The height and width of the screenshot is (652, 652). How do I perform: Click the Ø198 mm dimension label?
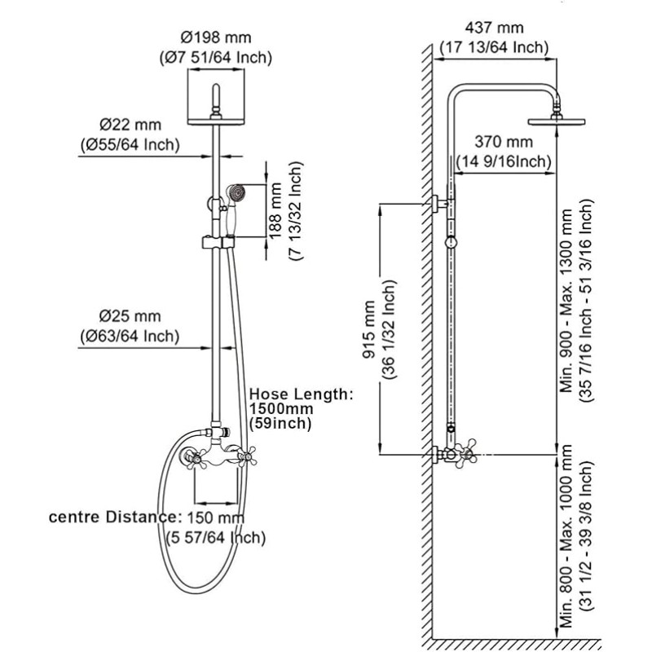coord(216,37)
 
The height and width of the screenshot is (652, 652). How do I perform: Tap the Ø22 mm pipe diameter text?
coord(130,125)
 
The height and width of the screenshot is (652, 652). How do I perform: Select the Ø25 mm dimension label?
coord(130,316)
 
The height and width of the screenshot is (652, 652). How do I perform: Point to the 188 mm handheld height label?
coord(275,211)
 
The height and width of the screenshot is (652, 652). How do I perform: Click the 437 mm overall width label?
coord(494,28)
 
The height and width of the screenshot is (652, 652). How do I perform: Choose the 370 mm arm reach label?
coord(504,142)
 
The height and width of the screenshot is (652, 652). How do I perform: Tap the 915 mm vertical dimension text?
coord(368,329)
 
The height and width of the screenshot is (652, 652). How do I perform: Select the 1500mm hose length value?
coord(281,408)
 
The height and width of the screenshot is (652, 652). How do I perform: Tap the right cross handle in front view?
coord(248,457)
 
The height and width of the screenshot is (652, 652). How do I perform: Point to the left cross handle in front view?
coord(196,459)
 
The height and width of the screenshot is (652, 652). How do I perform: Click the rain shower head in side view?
coord(557,121)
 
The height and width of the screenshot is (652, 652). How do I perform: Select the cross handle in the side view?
coord(465,454)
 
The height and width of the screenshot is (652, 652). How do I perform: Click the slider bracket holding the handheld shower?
coord(218,242)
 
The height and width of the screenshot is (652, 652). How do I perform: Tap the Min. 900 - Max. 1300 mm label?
coord(566,301)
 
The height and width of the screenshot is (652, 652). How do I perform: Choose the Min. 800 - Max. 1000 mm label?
coord(566,536)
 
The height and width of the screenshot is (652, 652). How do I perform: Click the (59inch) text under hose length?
coord(280,423)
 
